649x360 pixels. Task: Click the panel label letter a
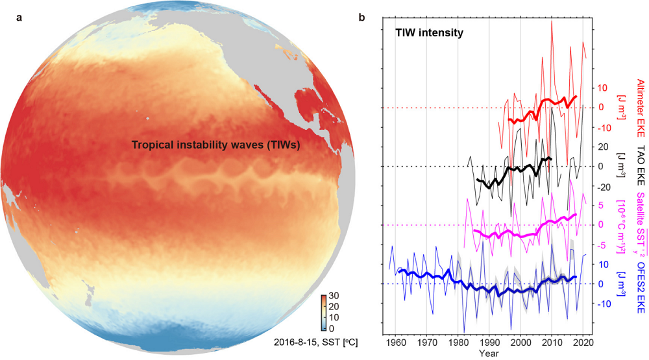[x=20, y=18]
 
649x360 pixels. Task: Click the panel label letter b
[x=361, y=18]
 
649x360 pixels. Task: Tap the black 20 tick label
[x=602, y=147]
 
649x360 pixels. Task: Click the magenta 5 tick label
[x=602, y=206]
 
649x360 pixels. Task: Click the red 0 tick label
[x=602, y=108]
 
